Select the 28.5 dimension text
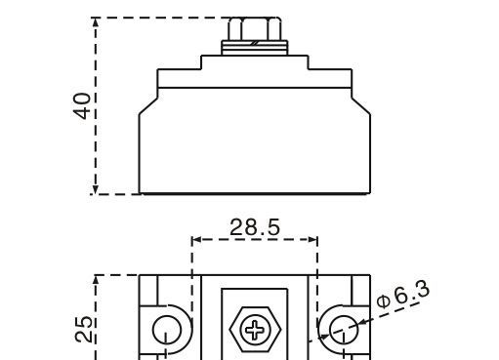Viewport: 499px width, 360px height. [x=255, y=227]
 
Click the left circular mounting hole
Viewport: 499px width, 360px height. [x=166, y=327]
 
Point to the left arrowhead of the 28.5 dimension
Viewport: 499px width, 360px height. [x=196, y=239]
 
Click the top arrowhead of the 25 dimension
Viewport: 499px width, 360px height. [x=96, y=282]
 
